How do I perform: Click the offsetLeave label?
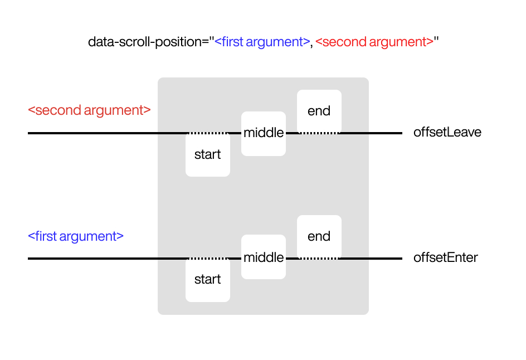pos(447,133)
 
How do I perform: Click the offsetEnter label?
pos(445,258)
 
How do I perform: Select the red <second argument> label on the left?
pos(89,110)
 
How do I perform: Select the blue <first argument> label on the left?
pos(75,236)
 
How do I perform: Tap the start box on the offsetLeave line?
pos(207,155)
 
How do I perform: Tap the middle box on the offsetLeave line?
pos(263,133)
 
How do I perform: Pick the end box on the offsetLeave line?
pos(319,111)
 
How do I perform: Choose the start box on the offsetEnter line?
pos(207,280)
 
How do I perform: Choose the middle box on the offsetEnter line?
pos(263,257)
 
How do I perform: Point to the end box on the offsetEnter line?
pos(319,236)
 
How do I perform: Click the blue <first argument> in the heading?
pos(262,42)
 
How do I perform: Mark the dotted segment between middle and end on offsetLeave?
pos(319,133)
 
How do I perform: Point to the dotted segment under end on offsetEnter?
pos(319,259)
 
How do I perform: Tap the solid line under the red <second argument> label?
pos(89,133)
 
